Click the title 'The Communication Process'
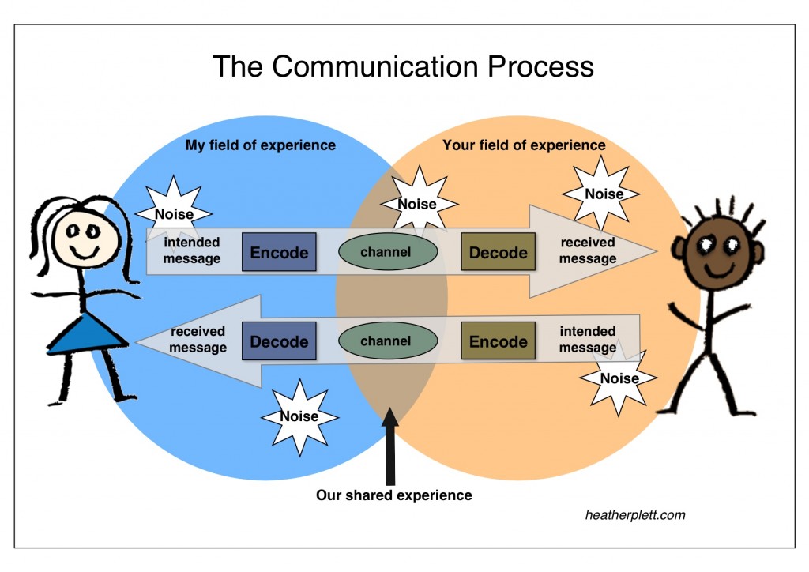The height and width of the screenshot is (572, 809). click(x=403, y=66)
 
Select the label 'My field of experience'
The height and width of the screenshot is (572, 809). click(x=260, y=145)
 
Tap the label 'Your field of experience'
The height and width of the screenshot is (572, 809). click(x=524, y=145)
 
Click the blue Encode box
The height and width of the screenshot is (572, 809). click(x=279, y=253)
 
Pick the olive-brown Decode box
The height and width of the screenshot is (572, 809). click(x=498, y=253)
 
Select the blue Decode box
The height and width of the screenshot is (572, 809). click(x=279, y=342)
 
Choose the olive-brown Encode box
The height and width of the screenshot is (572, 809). click(x=498, y=342)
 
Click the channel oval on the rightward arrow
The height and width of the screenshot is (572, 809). click(x=387, y=253)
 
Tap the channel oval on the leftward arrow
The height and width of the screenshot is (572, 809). click(x=387, y=342)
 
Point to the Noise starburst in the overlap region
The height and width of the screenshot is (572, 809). click(x=417, y=204)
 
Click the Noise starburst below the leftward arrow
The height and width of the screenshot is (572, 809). click(x=299, y=416)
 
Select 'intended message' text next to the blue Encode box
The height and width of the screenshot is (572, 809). click(x=192, y=250)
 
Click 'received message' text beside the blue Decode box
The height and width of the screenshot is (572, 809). click(x=198, y=340)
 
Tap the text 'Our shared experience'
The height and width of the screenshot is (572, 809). click(x=393, y=495)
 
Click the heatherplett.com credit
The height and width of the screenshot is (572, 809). click(x=635, y=515)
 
